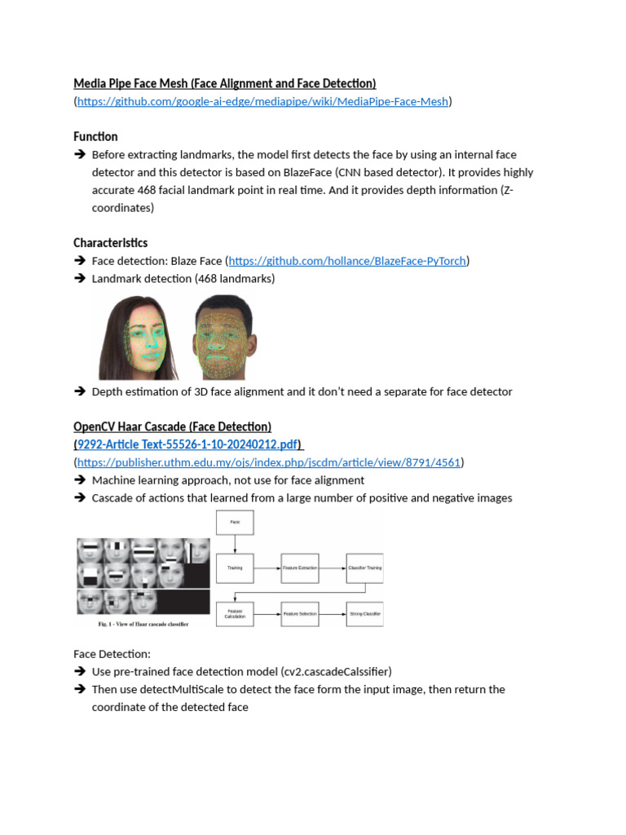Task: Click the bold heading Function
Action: tap(95, 136)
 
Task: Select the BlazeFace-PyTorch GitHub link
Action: tap(347, 261)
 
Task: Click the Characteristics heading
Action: tap(110, 243)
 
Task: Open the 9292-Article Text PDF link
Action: tap(187, 444)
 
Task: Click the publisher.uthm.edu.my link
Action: tap(269, 462)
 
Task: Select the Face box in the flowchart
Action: tap(235, 523)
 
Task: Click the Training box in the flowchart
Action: tap(235, 568)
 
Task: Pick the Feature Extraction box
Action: tap(299, 568)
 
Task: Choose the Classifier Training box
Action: tap(364, 568)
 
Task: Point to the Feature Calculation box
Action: tap(235, 613)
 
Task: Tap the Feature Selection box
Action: tap(299, 613)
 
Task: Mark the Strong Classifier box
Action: tap(364, 613)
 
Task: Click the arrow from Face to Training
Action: tap(235, 544)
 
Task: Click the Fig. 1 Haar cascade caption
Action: tap(143, 624)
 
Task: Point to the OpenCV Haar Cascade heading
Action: tap(172, 426)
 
